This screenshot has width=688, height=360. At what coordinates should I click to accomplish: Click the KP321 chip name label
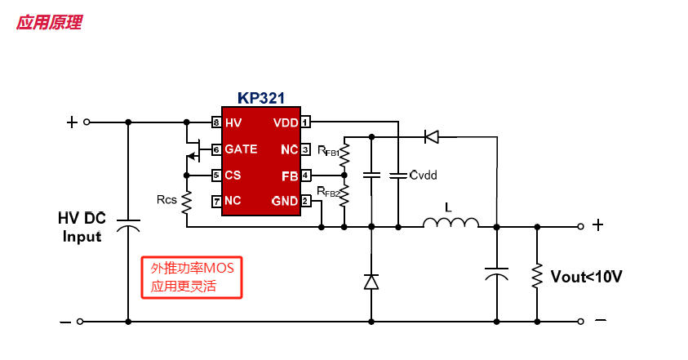coord(261,98)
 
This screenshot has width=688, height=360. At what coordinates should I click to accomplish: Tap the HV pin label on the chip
coord(233,122)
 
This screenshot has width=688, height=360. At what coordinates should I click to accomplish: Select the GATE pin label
coord(241,149)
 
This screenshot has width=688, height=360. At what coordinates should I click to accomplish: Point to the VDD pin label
coord(286,122)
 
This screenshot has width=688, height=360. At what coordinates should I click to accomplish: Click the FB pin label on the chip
coord(290,176)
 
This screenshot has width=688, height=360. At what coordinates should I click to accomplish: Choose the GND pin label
coord(285,201)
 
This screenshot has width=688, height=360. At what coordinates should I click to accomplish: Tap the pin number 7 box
coord(216,201)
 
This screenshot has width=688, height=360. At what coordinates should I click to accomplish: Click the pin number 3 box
coord(305,149)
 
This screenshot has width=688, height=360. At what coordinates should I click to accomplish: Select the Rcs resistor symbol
coord(187,200)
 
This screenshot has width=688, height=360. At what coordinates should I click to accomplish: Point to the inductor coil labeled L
coord(450,223)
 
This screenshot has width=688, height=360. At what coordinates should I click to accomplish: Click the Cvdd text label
coord(424,175)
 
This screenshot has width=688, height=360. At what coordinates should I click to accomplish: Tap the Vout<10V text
coord(586,277)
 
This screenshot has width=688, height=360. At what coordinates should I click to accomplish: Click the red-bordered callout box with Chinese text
coord(192,278)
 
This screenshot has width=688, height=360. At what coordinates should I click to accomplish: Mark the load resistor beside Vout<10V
coord(537,275)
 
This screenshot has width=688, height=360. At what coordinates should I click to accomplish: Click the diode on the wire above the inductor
coord(432,136)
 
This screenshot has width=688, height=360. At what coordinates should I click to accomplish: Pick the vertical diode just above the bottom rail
coord(371,282)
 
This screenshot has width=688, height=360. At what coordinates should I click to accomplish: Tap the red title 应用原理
coord(49,23)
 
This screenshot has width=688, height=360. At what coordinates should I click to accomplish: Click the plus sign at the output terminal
coord(598,225)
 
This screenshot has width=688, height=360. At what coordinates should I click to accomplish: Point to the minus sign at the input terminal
coord(65,322)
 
